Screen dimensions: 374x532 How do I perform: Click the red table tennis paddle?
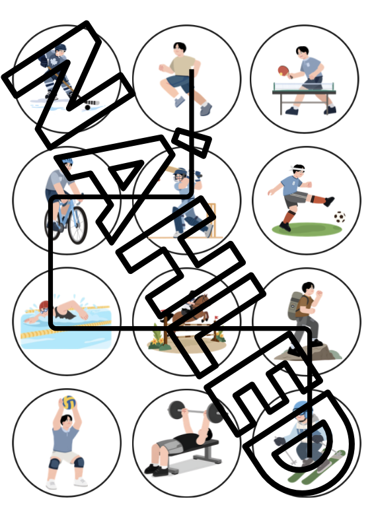tap(283, 71)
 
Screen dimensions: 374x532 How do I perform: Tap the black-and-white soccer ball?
tap(340, 217)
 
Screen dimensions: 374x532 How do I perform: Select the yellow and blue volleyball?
tap(69, 403)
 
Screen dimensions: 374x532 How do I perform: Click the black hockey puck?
tap(88, 107)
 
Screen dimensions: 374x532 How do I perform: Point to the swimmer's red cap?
tap(44, 306)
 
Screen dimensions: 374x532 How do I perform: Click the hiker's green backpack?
tap(294, 306)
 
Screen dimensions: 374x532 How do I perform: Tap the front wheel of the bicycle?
tap(77, 225)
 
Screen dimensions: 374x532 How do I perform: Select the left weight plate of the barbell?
tap(176, 410)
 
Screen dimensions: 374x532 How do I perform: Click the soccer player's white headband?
tap(297, 168)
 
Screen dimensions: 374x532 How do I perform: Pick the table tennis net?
tap(304, 86)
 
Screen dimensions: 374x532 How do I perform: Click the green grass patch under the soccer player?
tap(307, 229)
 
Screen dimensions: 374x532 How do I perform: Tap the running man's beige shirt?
tap(183, 66)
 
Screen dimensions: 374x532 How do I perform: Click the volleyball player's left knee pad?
tap(54, 463)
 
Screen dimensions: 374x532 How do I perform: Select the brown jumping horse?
tap(192, 309)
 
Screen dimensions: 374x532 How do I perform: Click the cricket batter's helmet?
tap(180, 175)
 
